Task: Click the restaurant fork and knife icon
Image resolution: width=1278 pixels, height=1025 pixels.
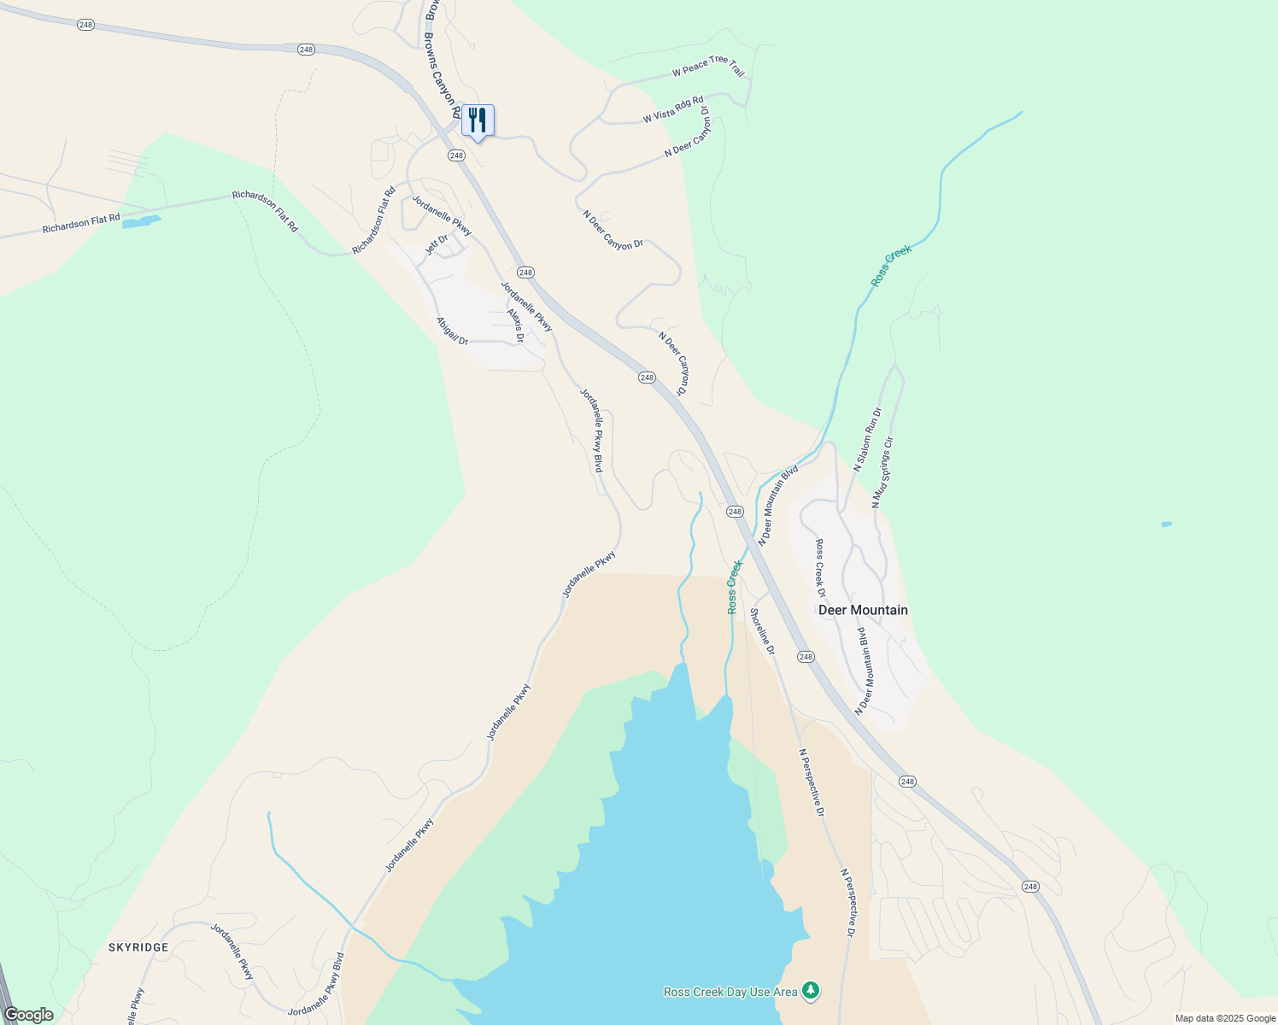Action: (x=478, y=120)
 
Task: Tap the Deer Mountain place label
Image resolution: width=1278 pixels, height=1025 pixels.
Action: (x=863, y=610)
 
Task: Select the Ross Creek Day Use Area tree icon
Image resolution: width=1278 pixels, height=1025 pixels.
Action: (x=811, y=991)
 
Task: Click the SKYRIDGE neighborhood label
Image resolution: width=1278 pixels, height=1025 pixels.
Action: (x=138, y=947)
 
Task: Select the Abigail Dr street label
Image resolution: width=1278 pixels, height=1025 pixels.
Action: (x=453, y=331)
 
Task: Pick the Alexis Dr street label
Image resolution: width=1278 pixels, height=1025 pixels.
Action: (x=515, y=325)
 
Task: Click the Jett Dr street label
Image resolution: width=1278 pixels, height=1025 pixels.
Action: (x=437, y=244)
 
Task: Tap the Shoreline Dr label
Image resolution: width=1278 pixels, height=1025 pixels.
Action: (x=762, y=631)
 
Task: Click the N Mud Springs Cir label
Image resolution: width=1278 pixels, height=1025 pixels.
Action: (x=882, y=472)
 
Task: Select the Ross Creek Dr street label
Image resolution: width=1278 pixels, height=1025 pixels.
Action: (x=820, y=568)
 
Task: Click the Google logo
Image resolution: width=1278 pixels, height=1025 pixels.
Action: (x=28, y=1015)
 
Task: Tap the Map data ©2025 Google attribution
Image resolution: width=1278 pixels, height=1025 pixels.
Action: (x=1225, y=1018)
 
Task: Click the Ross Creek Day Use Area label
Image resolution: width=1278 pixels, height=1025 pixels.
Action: (x=730, y=992)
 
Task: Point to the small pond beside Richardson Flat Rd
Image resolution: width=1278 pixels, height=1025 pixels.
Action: (x=141, y=222)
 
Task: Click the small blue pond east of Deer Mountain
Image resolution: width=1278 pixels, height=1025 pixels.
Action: (x=1167, y=524)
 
